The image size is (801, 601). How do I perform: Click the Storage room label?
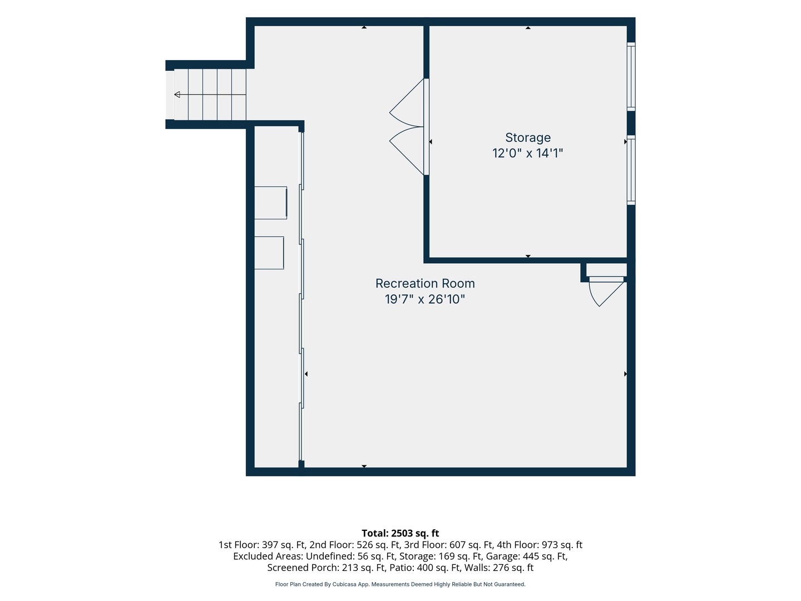coord(528,137)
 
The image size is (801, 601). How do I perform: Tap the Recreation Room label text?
coord(425,284)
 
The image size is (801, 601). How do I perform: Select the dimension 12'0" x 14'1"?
coord(528,153)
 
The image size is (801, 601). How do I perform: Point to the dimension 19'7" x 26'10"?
coord(425,299)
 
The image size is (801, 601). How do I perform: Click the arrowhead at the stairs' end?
coord(177,95)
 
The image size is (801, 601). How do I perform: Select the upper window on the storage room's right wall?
coord(631,77)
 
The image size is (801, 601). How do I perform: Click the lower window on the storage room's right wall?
coord(631,170)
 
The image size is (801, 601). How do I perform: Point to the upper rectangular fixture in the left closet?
coord(270,203)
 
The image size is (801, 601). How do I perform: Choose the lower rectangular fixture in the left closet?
coord(269,253)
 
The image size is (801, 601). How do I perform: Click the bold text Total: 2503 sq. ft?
coord(400,534)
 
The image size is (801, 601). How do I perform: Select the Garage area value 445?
coord(531,556)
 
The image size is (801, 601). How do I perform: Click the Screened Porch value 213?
coord(350,568)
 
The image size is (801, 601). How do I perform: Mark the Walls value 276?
coord(501,568)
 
